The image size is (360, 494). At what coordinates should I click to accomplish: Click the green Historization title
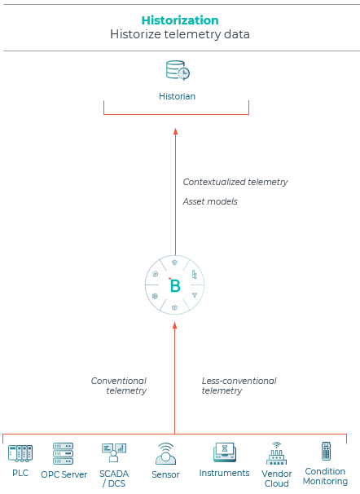click(x=180, y=20)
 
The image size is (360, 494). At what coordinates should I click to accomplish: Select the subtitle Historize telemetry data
click(x=180, y=34)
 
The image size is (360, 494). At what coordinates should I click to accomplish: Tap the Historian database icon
click(x=178, y=70)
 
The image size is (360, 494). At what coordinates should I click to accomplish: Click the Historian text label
click(x=178, y=96)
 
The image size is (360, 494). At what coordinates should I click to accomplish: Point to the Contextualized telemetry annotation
click(x=235, y=182)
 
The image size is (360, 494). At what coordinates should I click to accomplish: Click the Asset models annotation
click(x=210, y=201)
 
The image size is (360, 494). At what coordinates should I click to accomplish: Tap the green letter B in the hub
click(x=174, y=285)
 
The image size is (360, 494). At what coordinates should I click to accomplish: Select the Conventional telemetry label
click(x=119, y=386)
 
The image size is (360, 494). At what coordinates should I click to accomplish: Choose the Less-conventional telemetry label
click(x=239, y=386)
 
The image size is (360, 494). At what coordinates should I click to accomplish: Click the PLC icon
click(x=20, y=453)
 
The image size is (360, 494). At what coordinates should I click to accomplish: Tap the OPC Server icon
click(x=64, y=453)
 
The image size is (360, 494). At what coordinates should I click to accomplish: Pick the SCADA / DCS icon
click(x=114, y=452)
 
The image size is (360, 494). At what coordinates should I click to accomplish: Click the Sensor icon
click(x=165, y=454)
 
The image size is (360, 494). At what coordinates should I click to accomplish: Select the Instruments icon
click(x=225, y=452)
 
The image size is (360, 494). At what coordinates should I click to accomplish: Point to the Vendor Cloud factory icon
click(x=276, y=453)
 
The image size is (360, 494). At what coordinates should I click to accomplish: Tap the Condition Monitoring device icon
click(x=327, y=451)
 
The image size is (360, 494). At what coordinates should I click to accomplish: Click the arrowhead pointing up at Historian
click(x=176, y=132)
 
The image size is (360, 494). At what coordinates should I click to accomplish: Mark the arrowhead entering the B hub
click(x=174, y=326)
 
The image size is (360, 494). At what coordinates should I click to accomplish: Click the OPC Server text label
click(x=64, y=474)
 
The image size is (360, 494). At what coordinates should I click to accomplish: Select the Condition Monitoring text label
click(x=326, y=476)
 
